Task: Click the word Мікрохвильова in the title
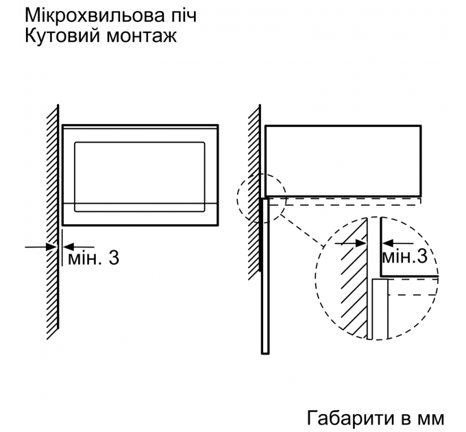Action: point(94,15)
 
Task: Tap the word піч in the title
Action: point(184,15)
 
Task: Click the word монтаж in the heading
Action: point(141,37)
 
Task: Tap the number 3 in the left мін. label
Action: point(114,257)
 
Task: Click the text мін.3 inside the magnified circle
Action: point(404,256)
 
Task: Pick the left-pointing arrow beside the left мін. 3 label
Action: point(79,247)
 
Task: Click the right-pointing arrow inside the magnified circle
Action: point(351,243)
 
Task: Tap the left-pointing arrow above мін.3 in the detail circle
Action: point(398,243)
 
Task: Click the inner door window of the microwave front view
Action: point(140,177)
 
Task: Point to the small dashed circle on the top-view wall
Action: point(262,198)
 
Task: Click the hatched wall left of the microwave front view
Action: point(53,221)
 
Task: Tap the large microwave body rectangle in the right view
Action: point(343,161)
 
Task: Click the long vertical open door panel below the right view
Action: point(265,276)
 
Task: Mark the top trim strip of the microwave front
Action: point(140,127)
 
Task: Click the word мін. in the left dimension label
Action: point(85,258)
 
